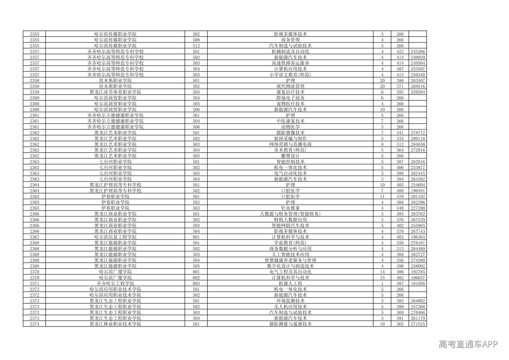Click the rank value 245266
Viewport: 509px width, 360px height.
click(418, 52)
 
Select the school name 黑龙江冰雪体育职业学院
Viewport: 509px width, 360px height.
click(115, 92)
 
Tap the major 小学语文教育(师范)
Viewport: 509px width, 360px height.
click(290, 75)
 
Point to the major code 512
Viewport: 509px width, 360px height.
click(196, 46)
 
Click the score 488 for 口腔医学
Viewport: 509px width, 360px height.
click(400, 191)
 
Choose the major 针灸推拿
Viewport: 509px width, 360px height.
click(290, 208)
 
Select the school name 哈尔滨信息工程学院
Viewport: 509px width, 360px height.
click(115, 237)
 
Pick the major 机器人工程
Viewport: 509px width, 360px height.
click(290, 283)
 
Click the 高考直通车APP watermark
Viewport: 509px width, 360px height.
click(468, 344)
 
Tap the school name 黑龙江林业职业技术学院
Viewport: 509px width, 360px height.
click(115, 324)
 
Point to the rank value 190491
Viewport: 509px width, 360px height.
click(418, 191)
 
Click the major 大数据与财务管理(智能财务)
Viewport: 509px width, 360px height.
click(290, 214)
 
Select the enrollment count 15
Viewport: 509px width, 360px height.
click(382, 278)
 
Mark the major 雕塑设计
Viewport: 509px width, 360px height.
click(290, 156)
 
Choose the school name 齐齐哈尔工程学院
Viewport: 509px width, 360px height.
click(115, 283)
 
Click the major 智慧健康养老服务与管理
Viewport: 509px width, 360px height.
click(290, 260)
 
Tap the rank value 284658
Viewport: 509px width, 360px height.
click(418, 144)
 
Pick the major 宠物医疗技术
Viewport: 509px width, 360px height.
click(290, 104)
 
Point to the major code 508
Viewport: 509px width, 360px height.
click(196, 40)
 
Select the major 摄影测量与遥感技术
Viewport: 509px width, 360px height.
click(290, 324)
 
